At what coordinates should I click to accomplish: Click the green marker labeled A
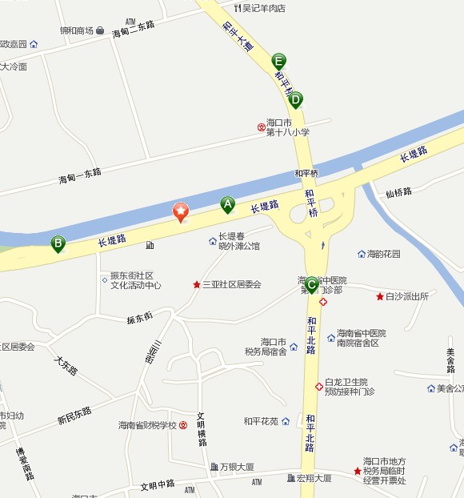(x=227, y=206)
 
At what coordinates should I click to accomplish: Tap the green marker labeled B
(x=58, y=243)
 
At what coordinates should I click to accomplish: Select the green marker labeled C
(x=311, y=283)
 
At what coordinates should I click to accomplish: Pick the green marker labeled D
(x=296, y=100)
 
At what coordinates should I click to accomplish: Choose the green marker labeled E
(x=278, y=61)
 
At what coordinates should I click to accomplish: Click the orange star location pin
(x=181, y=212)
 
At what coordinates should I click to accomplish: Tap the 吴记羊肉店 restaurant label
(x=264, y=8)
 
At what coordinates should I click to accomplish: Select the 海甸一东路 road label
(x=80, y=172)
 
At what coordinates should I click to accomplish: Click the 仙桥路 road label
(x=398, y=192)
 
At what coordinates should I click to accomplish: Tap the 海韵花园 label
(x=383, y=254)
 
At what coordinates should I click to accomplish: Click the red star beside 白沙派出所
(x=380, y=296)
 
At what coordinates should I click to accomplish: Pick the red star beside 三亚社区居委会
(x=196, y=284)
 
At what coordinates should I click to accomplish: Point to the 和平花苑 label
(x=261, y=421)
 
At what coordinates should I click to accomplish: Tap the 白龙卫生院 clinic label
(x=346, y=382)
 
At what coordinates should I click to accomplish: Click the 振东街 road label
(x=139, y=318)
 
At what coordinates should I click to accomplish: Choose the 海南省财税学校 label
(x=147, y=425)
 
